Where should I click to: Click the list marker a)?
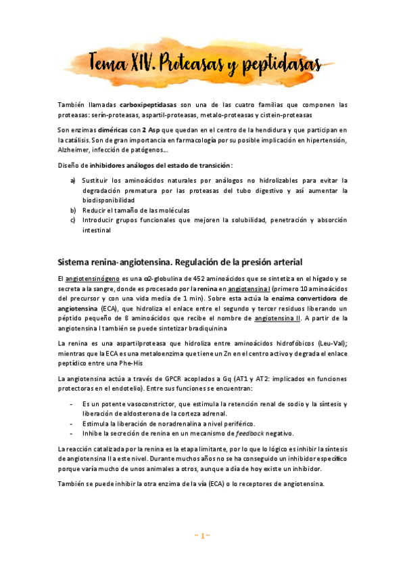[x=73, y=181]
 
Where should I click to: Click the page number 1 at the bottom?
[x=203, y=536]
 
